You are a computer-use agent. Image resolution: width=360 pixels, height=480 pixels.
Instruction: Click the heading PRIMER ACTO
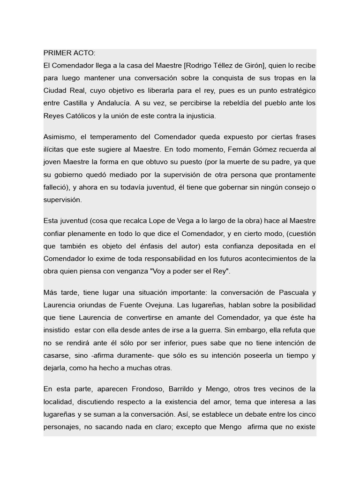(69, 53)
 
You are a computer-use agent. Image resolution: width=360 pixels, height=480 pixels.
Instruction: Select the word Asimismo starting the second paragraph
(60, 137)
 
